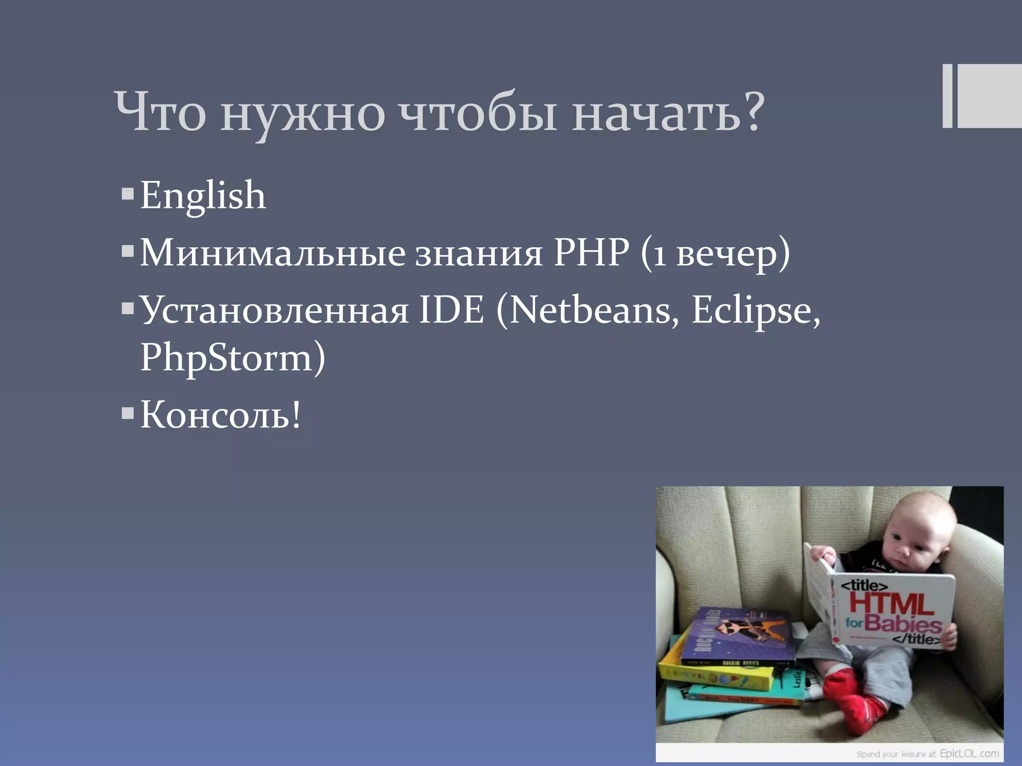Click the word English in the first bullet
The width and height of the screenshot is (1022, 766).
coord(203,195)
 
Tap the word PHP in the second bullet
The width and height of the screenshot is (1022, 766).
coord(591,253)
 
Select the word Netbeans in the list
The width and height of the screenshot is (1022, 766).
coord(594,310)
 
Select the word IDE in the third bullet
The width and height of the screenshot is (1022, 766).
coord(451,310)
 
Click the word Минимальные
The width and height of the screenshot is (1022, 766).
coord(272,253)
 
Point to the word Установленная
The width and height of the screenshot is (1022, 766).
coord(274,310)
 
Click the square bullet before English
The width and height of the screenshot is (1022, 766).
coord(128,193)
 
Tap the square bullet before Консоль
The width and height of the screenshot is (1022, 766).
coord(128,413)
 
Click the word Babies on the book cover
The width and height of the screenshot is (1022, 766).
coord(903,623)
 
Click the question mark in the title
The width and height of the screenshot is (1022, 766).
coord(753,112)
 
